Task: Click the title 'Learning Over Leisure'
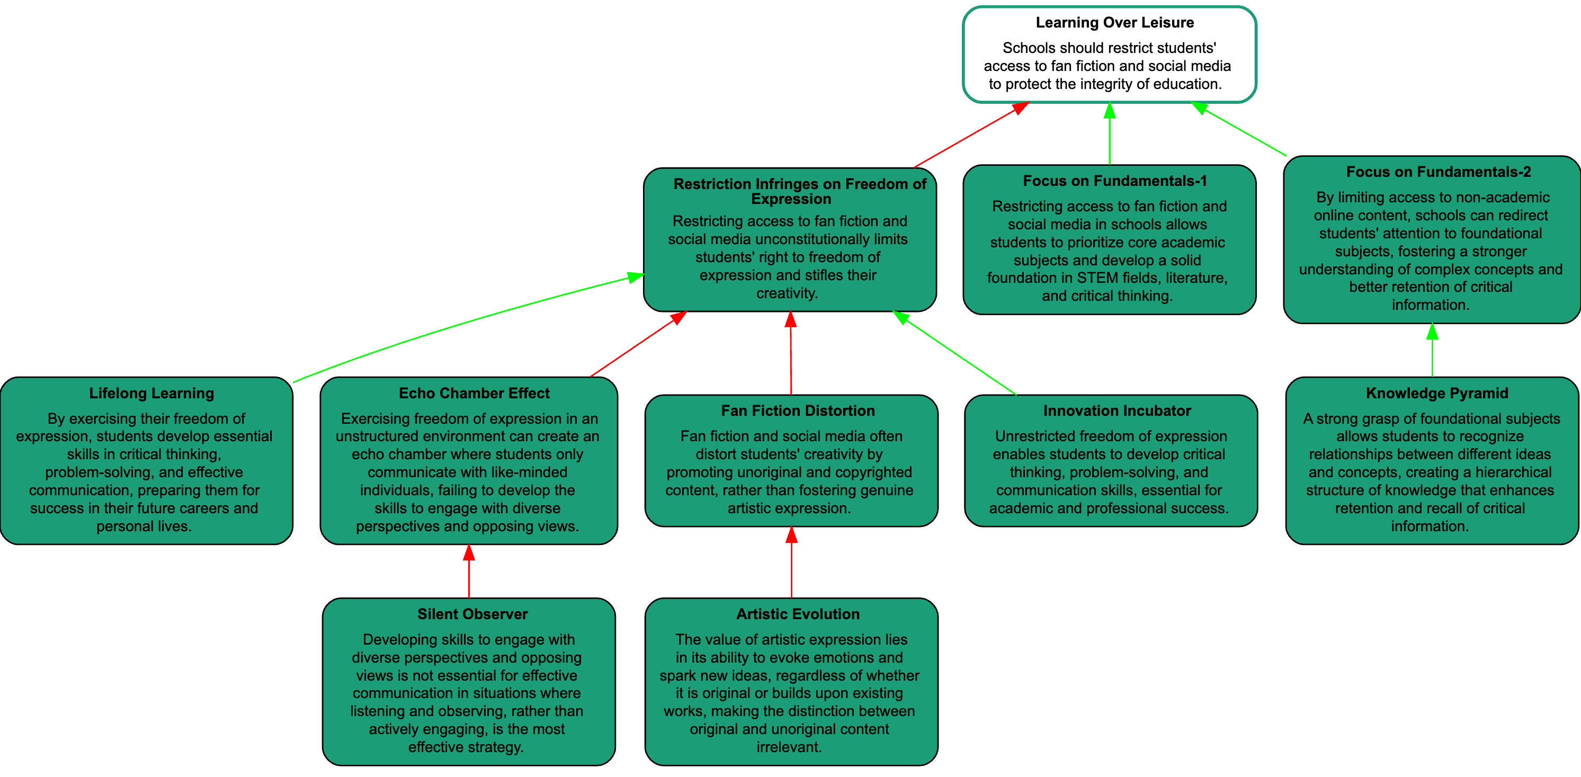1114,23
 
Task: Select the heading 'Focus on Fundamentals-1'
1114,181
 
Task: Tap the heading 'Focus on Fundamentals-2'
1438,172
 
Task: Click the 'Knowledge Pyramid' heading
1437,394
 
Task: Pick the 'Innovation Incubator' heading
1116,411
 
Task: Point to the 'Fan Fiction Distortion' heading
797,411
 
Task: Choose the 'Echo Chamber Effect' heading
474,394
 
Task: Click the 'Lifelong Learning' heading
151,394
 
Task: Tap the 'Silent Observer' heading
472,614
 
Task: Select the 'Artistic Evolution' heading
797,614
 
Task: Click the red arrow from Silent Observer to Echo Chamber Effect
469,574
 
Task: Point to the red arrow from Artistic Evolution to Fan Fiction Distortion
791,565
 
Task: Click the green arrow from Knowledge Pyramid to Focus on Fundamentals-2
1432,353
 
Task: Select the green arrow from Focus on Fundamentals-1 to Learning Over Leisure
1109,135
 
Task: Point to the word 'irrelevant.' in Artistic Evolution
789,747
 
